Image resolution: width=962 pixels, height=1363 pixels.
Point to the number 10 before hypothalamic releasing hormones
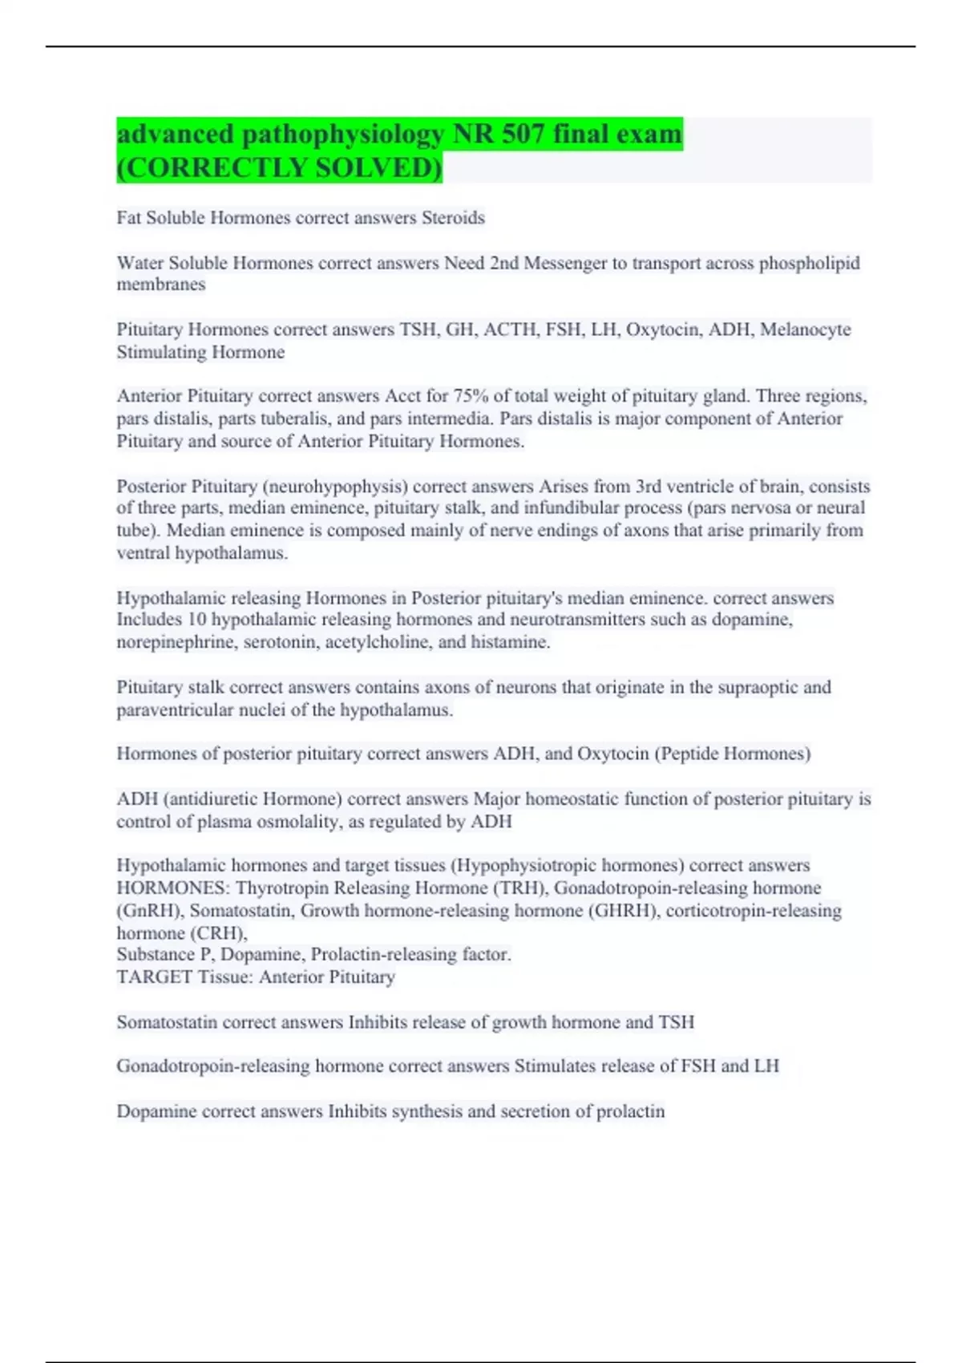click(196, 620)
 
